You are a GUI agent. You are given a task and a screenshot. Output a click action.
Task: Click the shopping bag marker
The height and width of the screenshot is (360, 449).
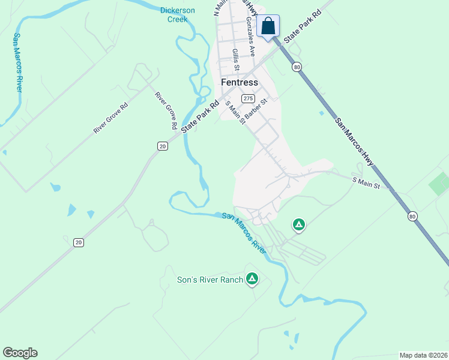268,26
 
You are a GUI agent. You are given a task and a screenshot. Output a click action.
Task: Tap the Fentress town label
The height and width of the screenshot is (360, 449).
240,82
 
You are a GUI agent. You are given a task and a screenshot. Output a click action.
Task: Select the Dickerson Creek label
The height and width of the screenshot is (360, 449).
178,14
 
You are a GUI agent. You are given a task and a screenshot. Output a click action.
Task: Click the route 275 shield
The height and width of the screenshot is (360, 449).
248,98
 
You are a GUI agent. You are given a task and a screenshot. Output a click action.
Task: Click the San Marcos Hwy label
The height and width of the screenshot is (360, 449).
354,142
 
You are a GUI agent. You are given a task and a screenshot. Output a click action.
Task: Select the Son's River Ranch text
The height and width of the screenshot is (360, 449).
210,280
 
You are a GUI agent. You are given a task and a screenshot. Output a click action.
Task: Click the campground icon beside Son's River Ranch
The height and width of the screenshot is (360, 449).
253,279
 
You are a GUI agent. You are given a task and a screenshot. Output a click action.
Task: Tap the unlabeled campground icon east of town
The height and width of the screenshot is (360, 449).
298,225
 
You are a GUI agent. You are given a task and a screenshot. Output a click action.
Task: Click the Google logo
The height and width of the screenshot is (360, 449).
20,353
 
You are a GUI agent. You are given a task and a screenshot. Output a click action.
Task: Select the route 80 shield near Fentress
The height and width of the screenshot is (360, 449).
297,67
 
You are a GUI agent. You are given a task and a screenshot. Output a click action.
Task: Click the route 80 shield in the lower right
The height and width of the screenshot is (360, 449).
412,216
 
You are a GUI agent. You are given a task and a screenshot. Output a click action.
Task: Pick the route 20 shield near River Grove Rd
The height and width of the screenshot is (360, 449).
162,146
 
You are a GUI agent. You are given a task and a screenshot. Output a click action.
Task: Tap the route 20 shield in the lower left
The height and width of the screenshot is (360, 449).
79,242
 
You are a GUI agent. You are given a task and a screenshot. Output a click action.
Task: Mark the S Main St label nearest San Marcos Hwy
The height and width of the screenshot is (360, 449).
366,182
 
